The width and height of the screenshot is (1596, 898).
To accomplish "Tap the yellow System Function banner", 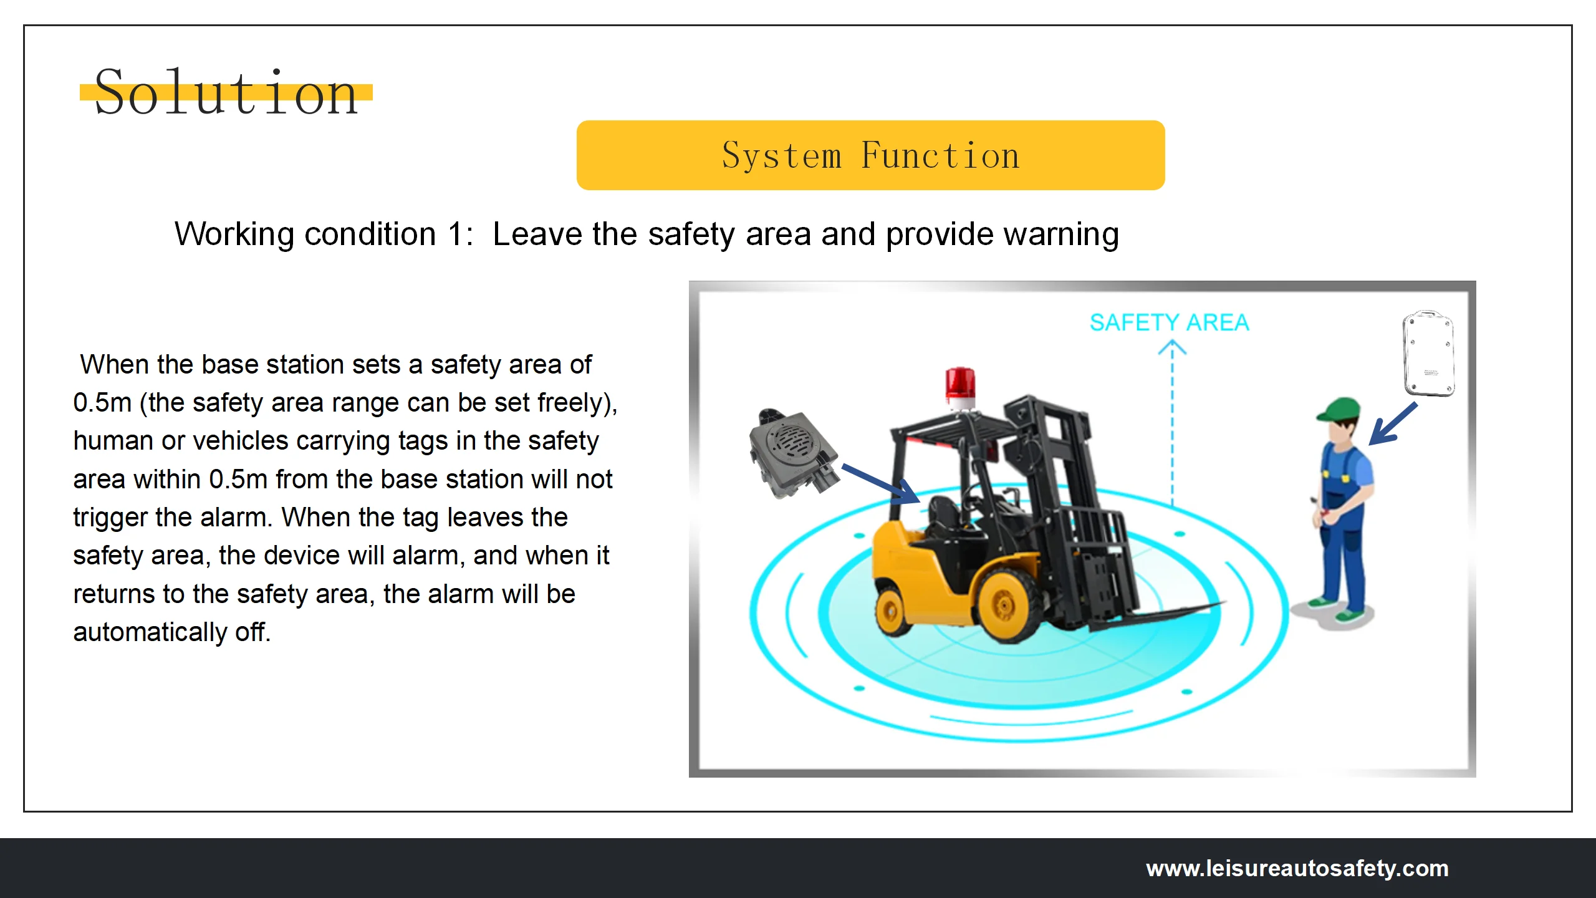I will (870, 155).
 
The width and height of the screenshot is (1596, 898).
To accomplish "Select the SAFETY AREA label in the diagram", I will (1169, 322).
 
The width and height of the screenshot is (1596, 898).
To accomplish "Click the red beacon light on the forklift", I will (960, 385).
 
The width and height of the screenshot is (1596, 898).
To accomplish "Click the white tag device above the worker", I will (1428, 353).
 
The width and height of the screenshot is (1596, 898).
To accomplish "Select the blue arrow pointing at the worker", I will (1393, 424).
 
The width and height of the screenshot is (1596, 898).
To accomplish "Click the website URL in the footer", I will (1297, 868).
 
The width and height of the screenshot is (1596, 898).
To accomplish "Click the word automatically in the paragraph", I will (150, 632).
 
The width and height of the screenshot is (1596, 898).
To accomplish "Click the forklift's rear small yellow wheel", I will (892, 612).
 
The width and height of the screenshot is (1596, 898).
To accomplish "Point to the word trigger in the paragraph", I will (110, 518).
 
